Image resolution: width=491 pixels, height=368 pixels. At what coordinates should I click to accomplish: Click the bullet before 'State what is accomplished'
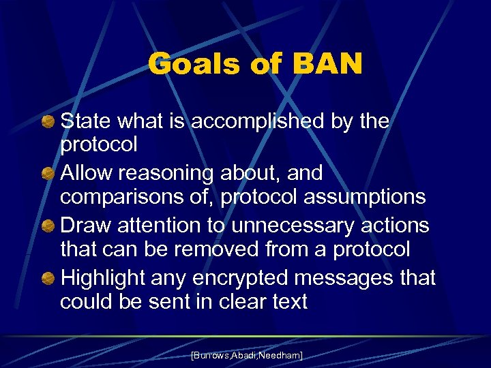(x=48, y=122)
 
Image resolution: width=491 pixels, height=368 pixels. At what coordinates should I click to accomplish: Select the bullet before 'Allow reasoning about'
(x=48, y=174)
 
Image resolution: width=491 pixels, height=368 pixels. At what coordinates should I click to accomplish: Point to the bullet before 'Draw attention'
(x=48, y=226)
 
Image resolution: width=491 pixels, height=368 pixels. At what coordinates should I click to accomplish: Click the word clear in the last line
(x=237, y=301)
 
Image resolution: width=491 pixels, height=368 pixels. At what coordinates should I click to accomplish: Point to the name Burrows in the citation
(x=210, y=355)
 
